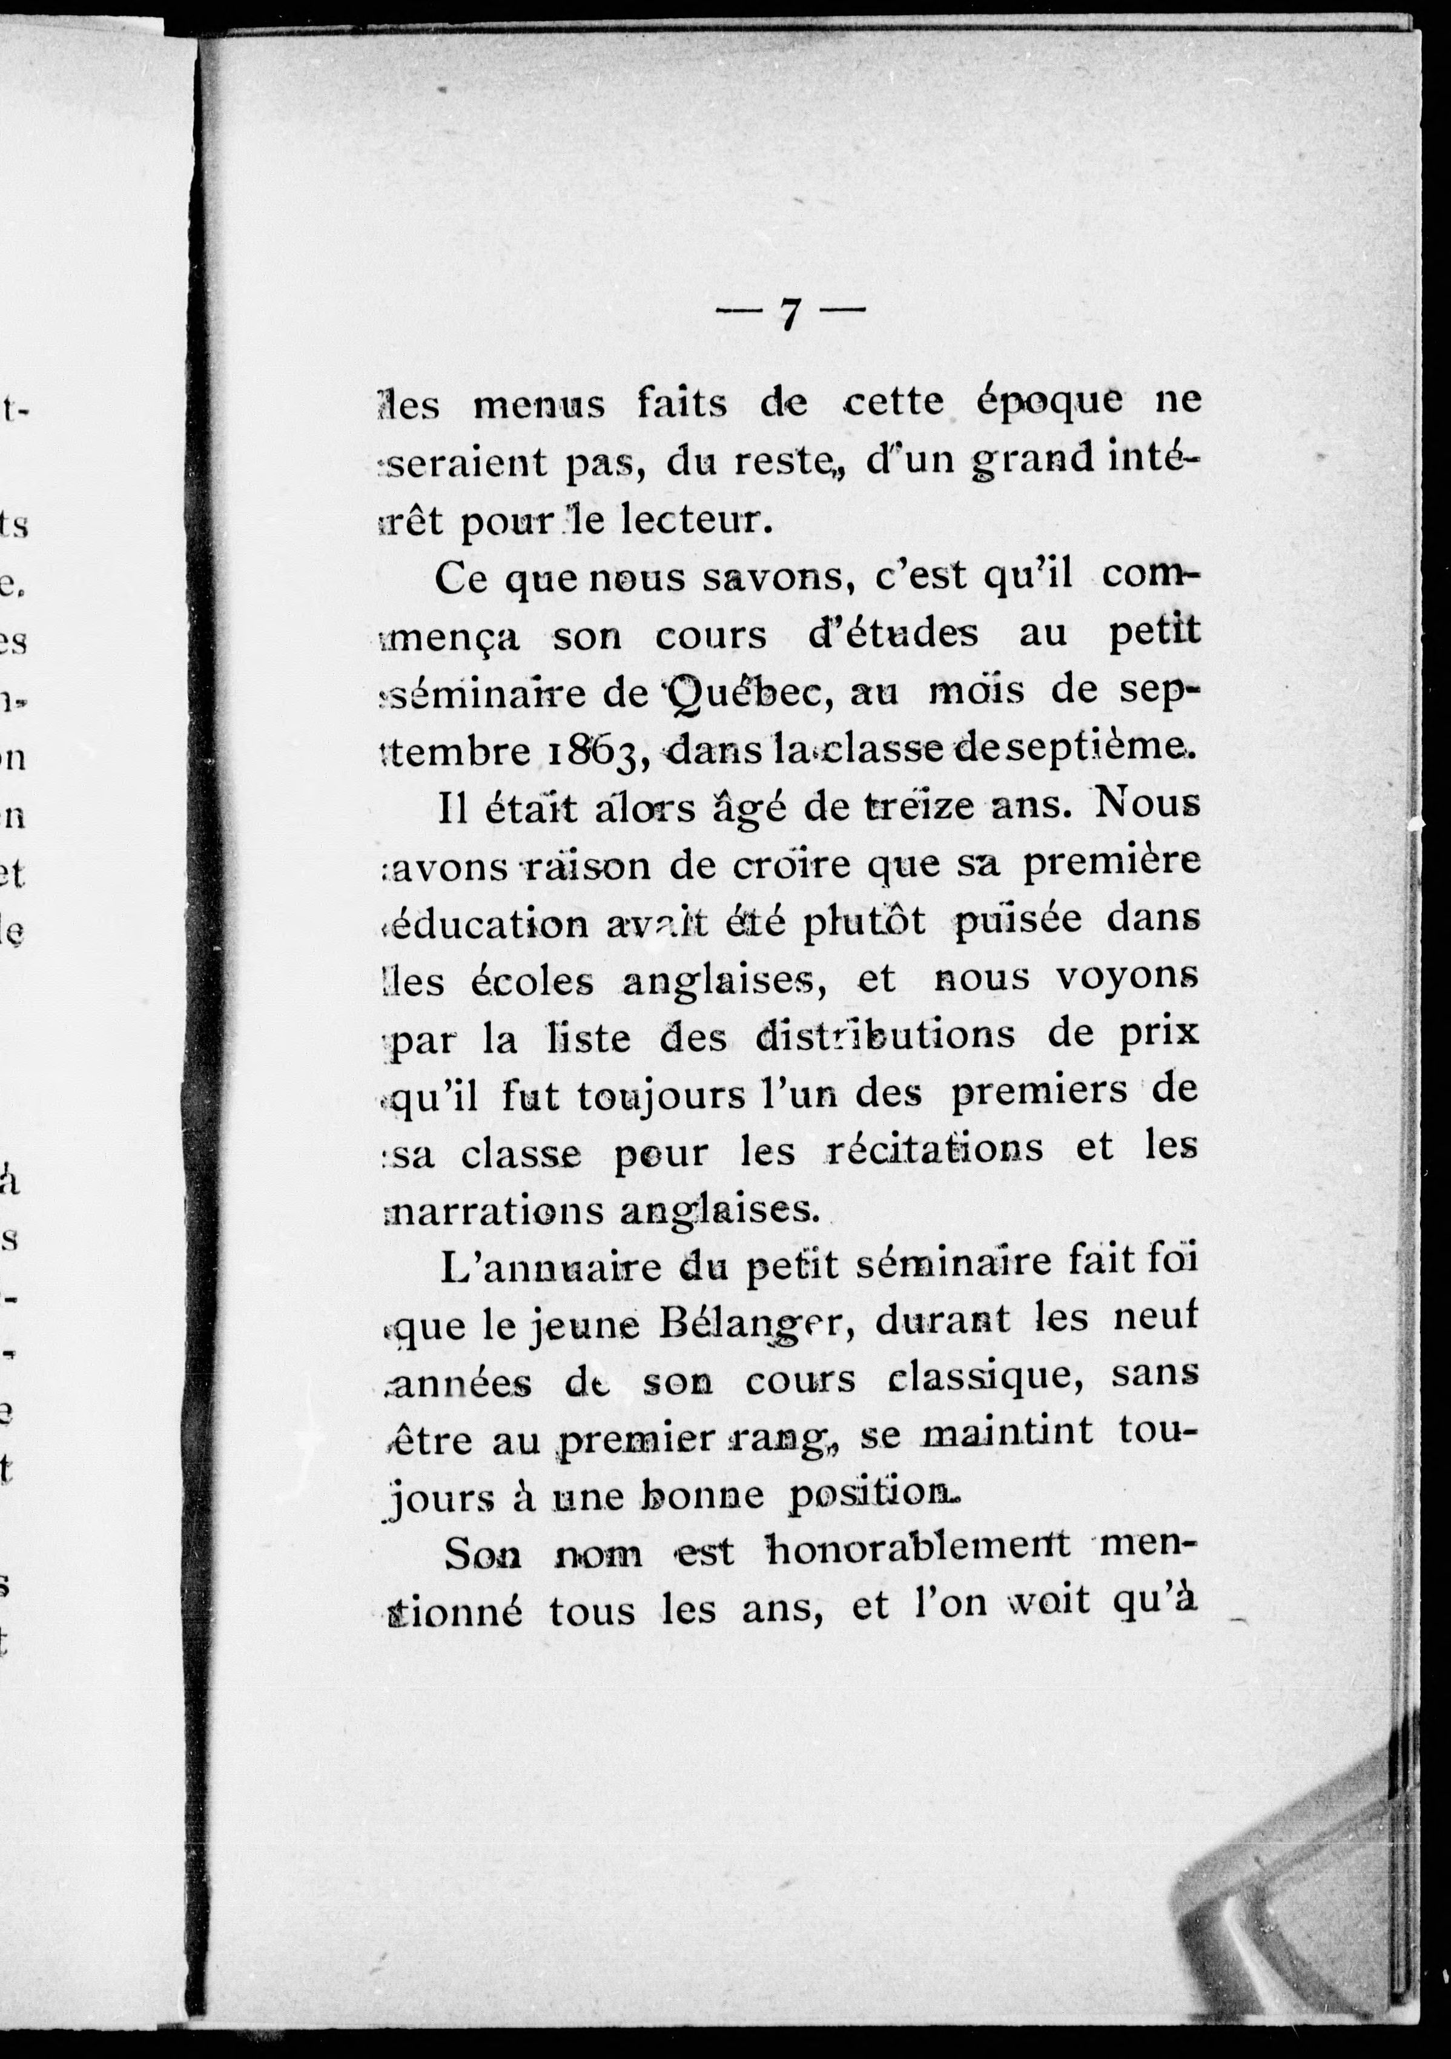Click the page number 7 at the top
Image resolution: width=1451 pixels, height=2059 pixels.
pos(789,313)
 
